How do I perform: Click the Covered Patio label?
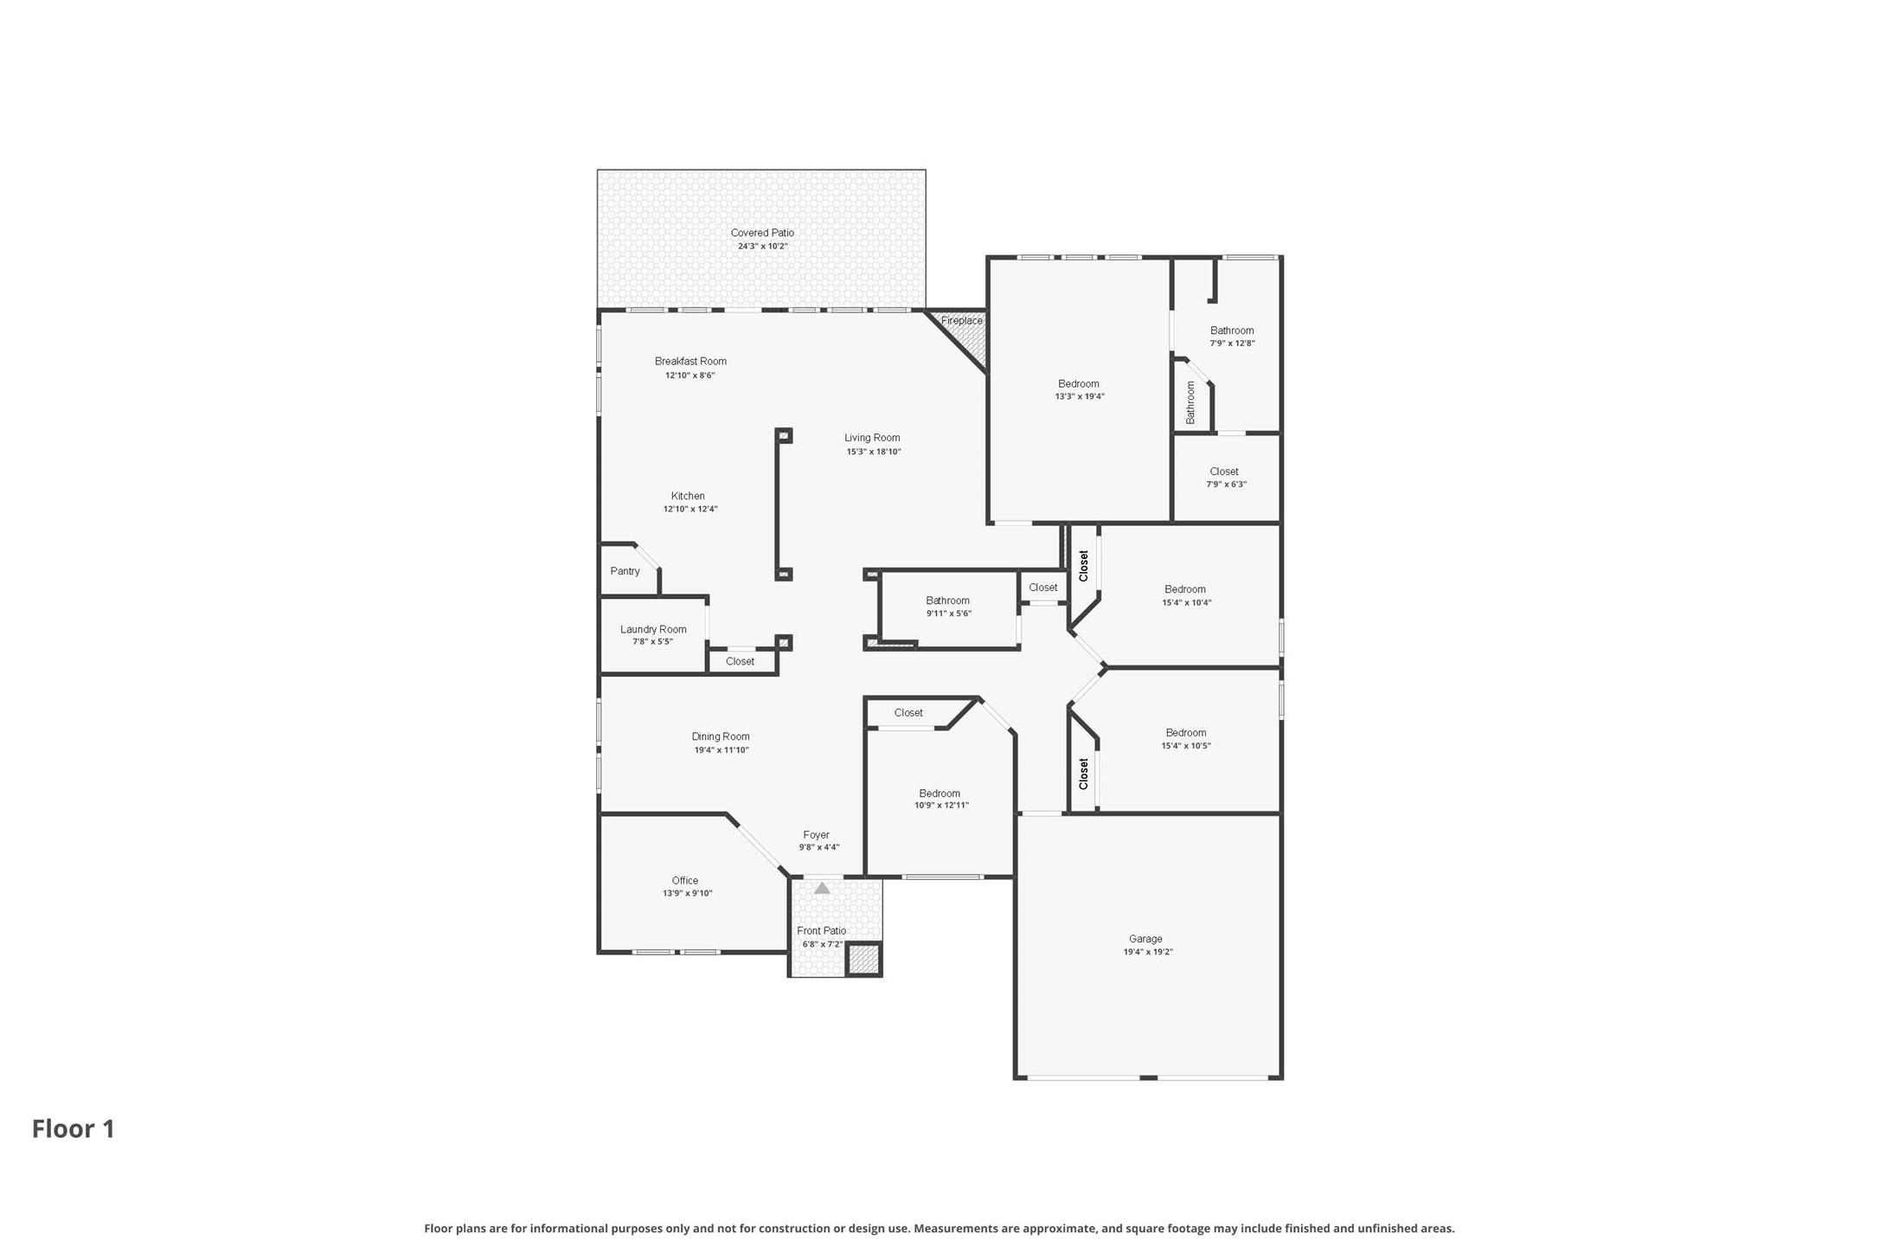(x=762, y=233)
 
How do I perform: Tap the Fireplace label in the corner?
(x=962, y=321)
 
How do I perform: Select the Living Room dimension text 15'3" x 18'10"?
(x=874, y=452)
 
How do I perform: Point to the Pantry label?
(x=625, y=571)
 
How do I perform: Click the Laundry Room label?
(x=653, y=629)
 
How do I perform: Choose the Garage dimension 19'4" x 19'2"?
(x=1148, y=952)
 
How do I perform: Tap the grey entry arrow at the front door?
(x=822, y=888)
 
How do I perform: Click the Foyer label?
(x=816, y=835)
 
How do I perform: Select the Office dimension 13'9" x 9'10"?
(x=688, y=893)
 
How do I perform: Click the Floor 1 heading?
(x=74, y=1128)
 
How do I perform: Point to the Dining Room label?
(x=721, y=736)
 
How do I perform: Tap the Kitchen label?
(x=688, y=496)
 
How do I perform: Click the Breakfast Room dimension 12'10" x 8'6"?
(x=690, y=376)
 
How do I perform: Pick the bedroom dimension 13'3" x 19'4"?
(x=1080, y=396)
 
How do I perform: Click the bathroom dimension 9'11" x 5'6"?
(x=949, y=614)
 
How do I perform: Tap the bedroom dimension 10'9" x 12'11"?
(x=942, y=806)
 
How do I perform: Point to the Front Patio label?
(x=822, y=931)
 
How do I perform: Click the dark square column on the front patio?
(x=863, y=959)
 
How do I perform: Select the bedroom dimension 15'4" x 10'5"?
(x=1186, y=746)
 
